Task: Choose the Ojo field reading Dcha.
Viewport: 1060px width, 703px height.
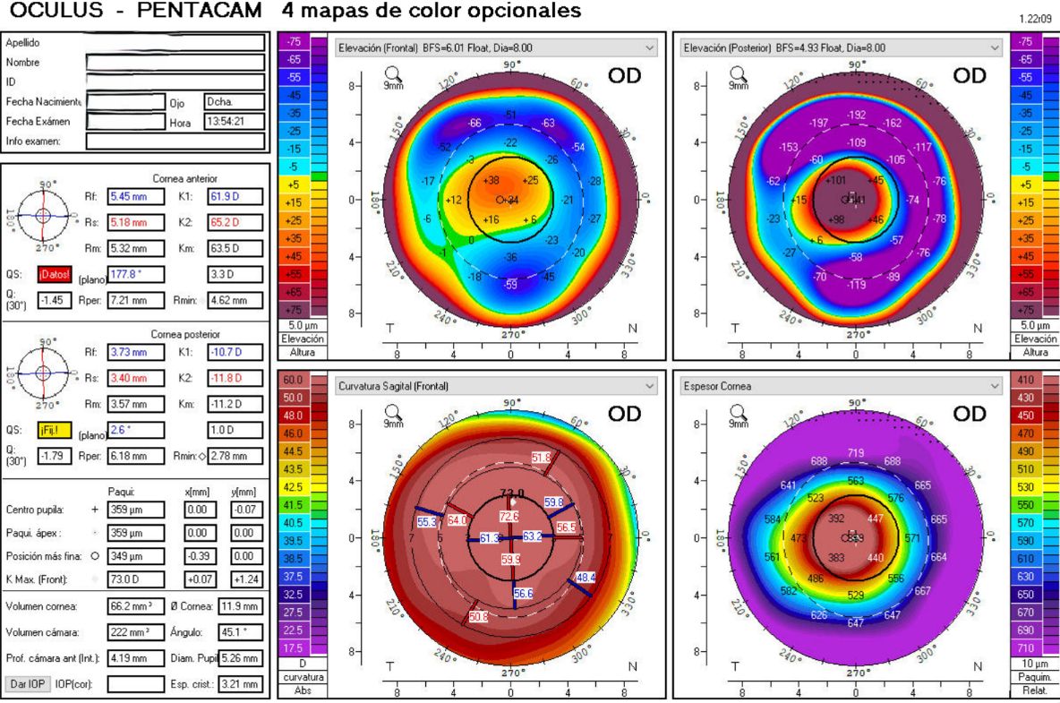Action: point(234,102)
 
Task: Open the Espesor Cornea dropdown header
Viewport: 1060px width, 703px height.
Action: point(842,386)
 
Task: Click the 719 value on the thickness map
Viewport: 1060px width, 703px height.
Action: point(855,454)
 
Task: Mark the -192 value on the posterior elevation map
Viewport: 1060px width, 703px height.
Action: point(856,116)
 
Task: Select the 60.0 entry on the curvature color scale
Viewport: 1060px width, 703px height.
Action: point(293,381)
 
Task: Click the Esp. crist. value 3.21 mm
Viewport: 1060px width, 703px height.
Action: point(236,684)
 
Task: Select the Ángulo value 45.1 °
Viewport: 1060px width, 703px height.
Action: point(236,632)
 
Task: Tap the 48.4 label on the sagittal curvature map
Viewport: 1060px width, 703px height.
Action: point(585,578)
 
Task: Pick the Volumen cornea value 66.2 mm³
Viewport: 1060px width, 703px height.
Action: point(132,606)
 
